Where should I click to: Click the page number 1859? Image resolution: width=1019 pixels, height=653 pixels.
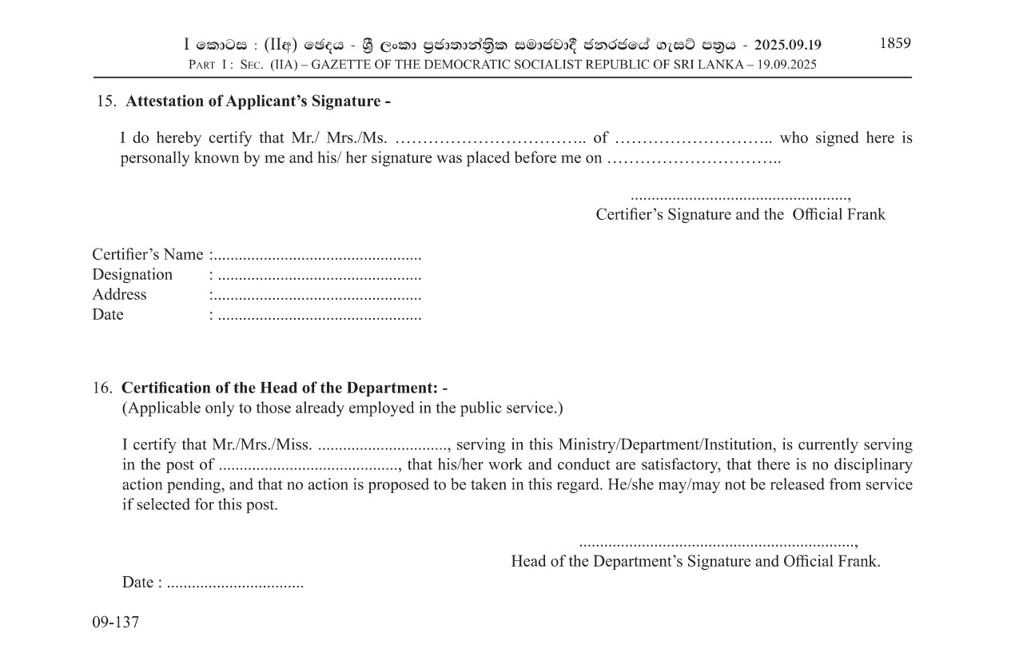click(894, 43)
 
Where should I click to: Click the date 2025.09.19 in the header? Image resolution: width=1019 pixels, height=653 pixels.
click(787, 45)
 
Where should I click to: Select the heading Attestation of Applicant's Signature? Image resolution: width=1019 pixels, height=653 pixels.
click(258, 102)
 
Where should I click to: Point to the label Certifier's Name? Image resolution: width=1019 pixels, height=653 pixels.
click(148, 255)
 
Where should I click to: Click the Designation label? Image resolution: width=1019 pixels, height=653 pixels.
click(132, 275)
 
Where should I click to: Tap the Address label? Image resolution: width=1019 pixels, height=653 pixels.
click(119, 295)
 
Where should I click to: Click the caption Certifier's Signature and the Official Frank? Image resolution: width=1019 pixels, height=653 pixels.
click(740, 214)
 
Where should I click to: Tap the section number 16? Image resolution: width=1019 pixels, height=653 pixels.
click(102, 388)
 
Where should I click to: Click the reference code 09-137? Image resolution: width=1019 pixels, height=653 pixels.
click(116, 622)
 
